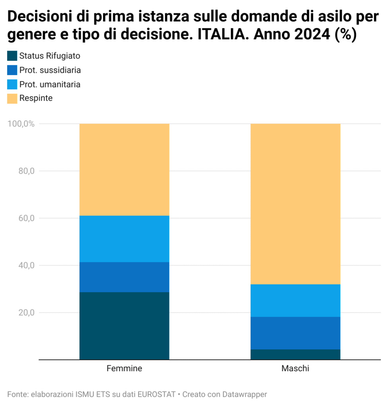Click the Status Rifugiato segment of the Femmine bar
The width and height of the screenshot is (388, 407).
point(124,326)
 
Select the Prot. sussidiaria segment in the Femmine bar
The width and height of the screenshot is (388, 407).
point(124,277)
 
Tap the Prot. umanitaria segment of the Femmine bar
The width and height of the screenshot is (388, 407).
point(124,239)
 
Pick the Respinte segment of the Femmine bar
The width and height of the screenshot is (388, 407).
point(124,170)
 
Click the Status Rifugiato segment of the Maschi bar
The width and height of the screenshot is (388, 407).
point(295,354)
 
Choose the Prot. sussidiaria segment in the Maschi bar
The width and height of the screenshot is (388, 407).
point(295,333)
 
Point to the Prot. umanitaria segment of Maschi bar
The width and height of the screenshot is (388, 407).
point(295,300)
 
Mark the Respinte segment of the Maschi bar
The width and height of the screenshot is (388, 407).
point(295,204)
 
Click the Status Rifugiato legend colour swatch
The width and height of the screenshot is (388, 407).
point(12,56)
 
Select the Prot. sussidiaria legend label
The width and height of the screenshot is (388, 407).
point(50,70)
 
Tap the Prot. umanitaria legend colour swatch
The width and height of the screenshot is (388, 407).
point(12,84)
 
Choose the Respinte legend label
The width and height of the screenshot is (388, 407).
point(36,98)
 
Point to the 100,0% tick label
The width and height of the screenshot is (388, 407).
point(21,124)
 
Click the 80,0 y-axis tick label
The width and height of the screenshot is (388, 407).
point(27,171)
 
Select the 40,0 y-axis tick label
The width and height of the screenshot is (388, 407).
point(27,265)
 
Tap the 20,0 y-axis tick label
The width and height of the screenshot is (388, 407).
point(27,312)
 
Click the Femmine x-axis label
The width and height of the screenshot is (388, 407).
point(124,368)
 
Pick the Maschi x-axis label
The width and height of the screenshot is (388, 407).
point(295,368)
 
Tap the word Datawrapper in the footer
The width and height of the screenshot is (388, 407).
point(245,394)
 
